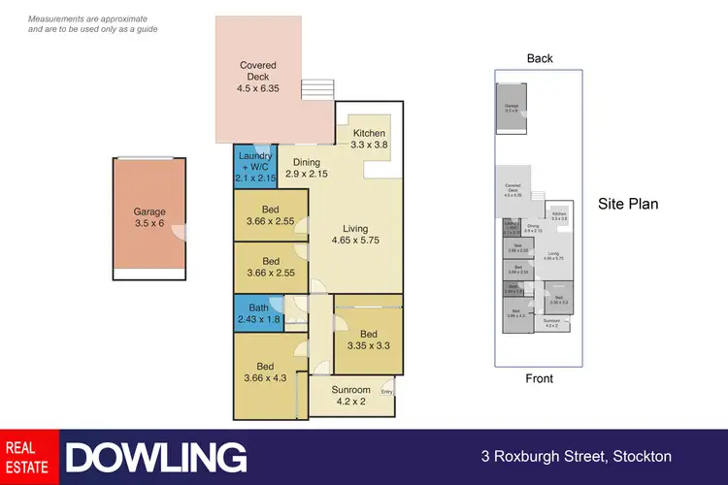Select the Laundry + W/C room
(255, 167)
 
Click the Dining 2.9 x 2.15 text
(307, 168)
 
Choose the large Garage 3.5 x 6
(149, 218)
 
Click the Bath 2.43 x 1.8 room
(257, 314)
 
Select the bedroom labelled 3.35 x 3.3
(368, 339)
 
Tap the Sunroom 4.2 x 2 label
(351, 396)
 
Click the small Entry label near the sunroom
(387, 392)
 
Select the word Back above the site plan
(540, 58)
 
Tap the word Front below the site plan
(540, 378)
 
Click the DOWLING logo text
(155, 457)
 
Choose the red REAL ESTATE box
(29, 457)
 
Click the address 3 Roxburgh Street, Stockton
(576, 457)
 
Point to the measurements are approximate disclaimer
(93, 24)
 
